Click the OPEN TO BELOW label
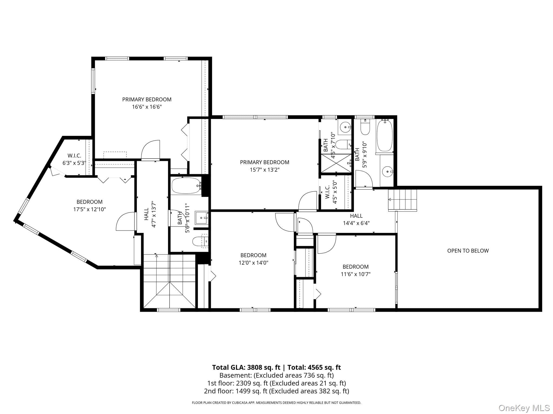(x=468, y=251)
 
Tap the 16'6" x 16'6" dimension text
(x=147, y=107)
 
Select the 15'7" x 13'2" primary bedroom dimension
(x=265, y=170)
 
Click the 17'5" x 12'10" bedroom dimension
(x=90, y=209)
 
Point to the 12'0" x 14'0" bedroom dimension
(x=253, y=263)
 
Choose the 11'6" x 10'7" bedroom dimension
(x=356, y=274)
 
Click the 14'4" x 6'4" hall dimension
(x=356, y=223)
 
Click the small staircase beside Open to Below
(x=402, y=200)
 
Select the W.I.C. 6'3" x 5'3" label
(x=74, y=159)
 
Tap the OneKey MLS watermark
(x=524, y=408)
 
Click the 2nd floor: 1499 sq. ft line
(x=276, y=391)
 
